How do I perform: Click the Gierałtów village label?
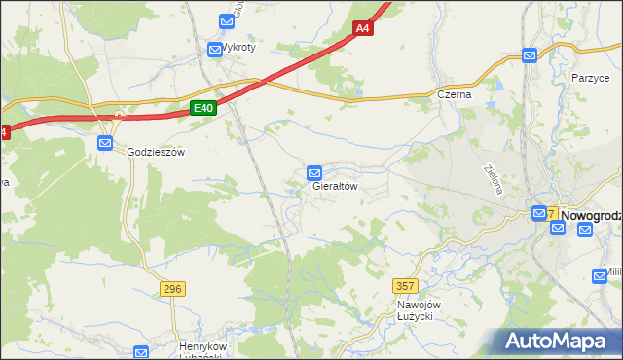click(x=336, y=187)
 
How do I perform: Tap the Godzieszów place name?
click(x=156, y=152)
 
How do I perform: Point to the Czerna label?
click(x=454, y=94)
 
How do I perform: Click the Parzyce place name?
click(x=590, y=77)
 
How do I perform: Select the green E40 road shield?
click(x=202, y=108)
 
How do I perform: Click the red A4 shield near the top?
click(x=362, y=28)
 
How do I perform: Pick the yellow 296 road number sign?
click(x=173, y=289)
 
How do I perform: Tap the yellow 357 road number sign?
click(x=406, y=285)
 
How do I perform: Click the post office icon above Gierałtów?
click(x=314, y=172)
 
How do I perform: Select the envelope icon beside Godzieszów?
click(x=105, y=143)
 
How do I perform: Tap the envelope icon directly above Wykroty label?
click(x=215, y=47)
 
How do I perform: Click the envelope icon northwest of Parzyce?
click(x=530, y=56)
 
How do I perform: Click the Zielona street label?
click(x=493, y=178)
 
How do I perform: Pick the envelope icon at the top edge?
click(x=227, y=19)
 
